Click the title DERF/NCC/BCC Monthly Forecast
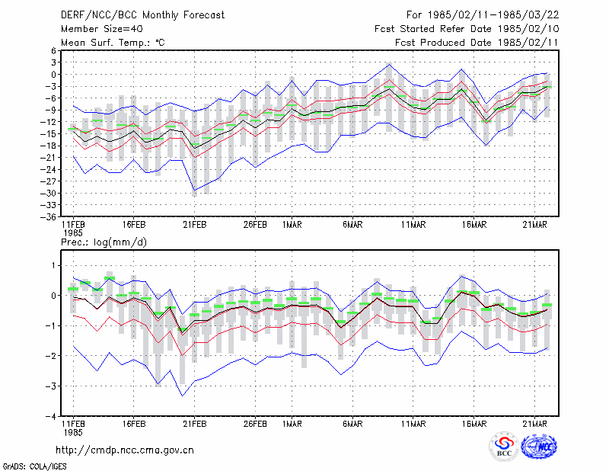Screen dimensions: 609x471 pos(142,15)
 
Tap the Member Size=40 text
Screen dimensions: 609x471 pos(102,29)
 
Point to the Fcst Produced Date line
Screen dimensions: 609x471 pos(477,43)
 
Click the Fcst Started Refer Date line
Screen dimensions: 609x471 pos(467,29)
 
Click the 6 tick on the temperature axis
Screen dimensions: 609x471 pos(53,50)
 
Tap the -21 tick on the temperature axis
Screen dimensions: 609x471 pos(48,158)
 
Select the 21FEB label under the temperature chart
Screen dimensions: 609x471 pos(195,225)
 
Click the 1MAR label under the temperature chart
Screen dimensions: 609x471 pos(292,225)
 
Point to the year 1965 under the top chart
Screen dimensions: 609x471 pos(73,233)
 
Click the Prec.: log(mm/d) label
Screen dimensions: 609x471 pos(104,242)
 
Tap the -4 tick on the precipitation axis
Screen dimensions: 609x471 pos(51,417)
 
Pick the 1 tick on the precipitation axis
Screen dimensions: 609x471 pos(54,266)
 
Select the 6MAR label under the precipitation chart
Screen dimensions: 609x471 pos(352,424)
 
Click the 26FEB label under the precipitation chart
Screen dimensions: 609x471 pos(255,424)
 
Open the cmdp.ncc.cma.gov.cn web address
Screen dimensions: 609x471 pos(125,450)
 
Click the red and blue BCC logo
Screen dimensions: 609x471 pos(504,446)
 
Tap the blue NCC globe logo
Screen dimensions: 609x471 pos(539,446)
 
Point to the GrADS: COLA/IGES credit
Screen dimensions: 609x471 pos(34,466)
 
